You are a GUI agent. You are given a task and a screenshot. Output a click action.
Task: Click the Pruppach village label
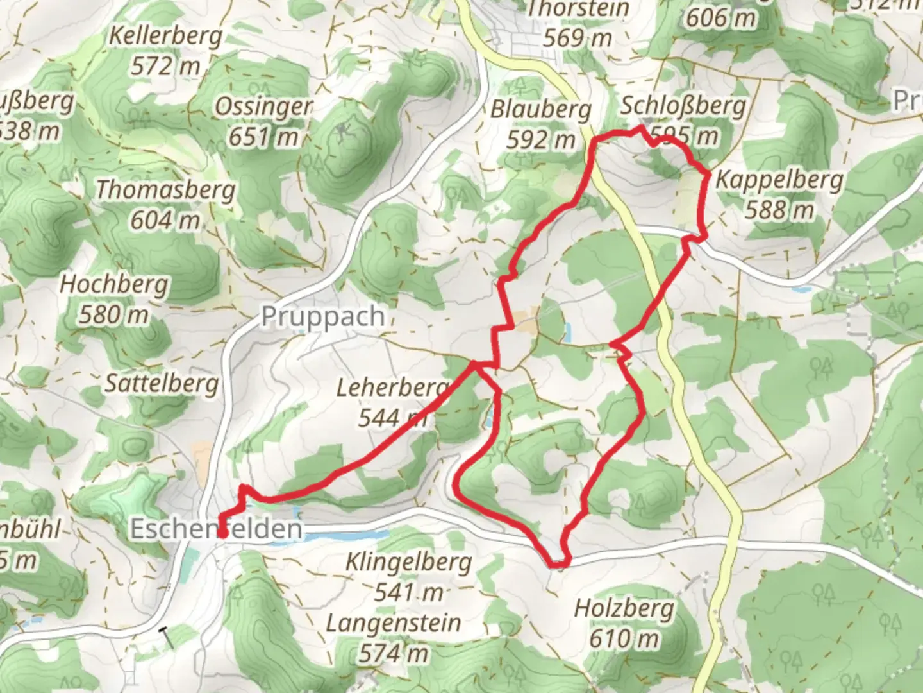pos(323,317)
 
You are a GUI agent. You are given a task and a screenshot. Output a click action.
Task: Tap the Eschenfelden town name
pos(216,529)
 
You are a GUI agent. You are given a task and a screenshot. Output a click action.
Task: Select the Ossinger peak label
pos(263,107)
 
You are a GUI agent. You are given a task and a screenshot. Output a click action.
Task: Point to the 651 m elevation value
pos(263,137)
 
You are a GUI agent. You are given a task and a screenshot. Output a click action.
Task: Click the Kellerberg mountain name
pos(166,36)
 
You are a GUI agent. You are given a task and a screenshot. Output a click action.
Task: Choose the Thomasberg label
pos(166,190)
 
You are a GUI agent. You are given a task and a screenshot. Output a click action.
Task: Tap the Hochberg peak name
pos(114,284)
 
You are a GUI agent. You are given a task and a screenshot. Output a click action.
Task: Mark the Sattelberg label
pos(162,384)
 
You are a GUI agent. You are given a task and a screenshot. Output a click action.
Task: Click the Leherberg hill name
pos(392,388)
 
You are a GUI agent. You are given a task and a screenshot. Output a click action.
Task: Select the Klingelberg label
pos(409,563)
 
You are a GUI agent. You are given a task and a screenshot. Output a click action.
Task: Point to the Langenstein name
pos(394,623)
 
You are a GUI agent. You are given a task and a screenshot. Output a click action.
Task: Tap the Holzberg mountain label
pos(624,608)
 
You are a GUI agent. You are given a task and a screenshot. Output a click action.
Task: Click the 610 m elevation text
pos(625,638)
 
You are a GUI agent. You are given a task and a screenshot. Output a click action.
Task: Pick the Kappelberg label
pos(779,180)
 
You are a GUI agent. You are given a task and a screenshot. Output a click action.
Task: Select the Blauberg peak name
pos(541,110)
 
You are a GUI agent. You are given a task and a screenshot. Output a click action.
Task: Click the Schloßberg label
pos(683,106)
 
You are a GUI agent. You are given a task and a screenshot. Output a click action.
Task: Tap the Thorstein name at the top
pos(578,9)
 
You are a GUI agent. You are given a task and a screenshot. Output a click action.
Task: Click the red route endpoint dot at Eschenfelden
pos(222,532)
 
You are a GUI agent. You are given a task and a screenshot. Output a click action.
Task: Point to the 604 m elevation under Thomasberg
pos(165,220)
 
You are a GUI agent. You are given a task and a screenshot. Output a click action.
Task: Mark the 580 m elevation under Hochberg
pos(113,314)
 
